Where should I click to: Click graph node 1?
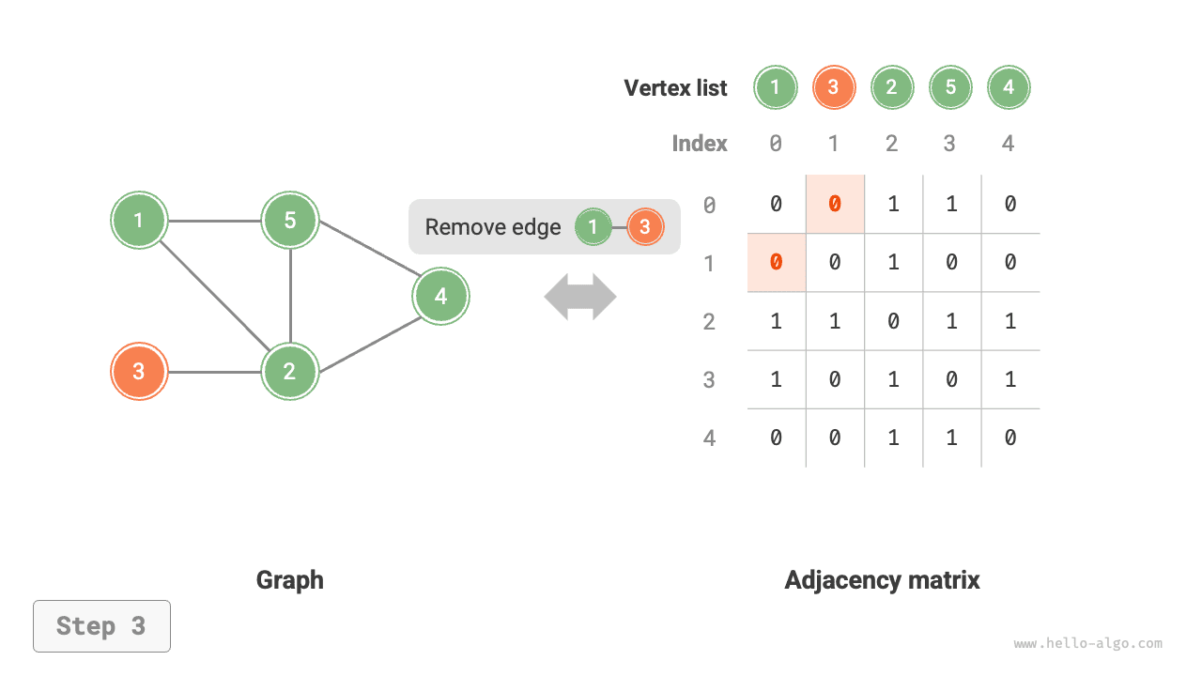(x=139, y=221)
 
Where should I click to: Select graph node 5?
(x=290, y=221)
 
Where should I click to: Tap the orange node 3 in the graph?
(x=139, y=372)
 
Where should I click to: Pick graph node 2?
(x=290, y=372)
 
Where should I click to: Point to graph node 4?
(x=440, y=297)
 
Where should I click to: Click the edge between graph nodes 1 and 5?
(x=214, y=222)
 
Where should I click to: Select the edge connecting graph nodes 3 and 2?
(x=214, y=372)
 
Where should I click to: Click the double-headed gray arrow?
(x=580, y=298)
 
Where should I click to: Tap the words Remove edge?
(x=492, y=227)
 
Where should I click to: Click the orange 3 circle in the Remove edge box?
(x=644, y=227)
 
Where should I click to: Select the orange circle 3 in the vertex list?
(x=834, y=88)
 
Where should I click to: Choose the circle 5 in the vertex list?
(x=950, y=88)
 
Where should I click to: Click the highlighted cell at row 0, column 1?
(x=835, y=204)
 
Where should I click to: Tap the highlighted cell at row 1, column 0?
(x=776, y=263)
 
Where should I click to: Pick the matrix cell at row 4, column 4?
(x=1009, y=438)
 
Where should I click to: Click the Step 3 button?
(x=101, y=626)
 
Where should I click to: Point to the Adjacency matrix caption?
(x=882, y=580)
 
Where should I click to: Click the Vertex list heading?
(x=675, y=88)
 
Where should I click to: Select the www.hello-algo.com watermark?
(x=1087, y=644)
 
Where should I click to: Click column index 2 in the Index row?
(x=891, y=144)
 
